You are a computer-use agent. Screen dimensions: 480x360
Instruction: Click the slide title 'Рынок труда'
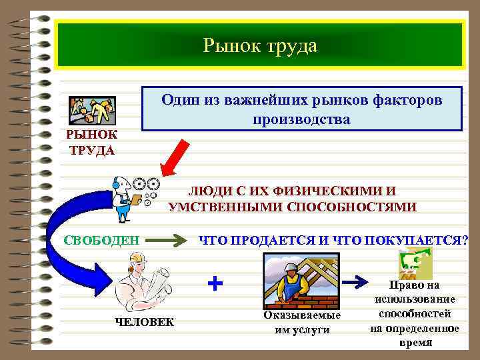coord(261,45)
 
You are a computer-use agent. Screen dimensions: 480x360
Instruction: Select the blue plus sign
coord(215,283)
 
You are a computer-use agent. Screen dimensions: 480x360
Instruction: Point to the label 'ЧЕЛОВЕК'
coord(145,322)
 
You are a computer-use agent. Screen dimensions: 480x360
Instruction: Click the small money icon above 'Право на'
coord(414,264)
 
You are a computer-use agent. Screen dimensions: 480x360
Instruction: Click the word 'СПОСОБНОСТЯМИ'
coord(351,207)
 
